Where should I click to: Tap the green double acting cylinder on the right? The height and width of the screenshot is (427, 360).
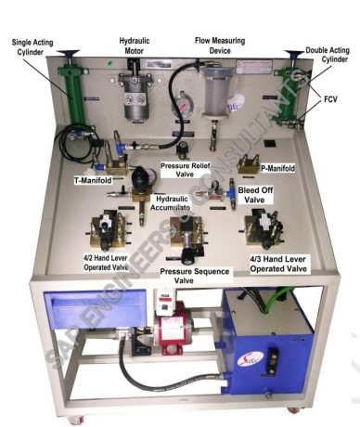(288, 93)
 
